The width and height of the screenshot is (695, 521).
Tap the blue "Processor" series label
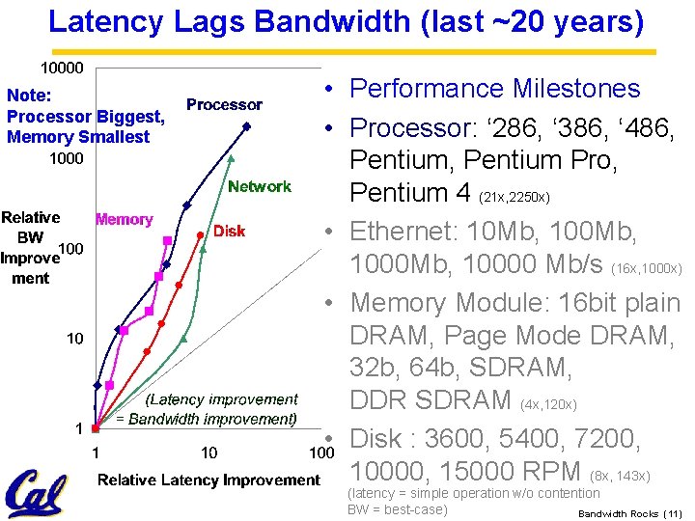(x=224, y=104)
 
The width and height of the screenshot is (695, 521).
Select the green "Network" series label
(x=259, y=186)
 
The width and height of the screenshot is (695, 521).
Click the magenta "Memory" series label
(x=124, y=219)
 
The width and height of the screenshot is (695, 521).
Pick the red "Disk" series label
(x=229, y=232)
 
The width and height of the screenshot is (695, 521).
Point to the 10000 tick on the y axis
(x=61, y=68)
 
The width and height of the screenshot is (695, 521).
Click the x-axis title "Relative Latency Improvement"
(x=208, y=480)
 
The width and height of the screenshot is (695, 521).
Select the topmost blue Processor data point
(x=247, y=126)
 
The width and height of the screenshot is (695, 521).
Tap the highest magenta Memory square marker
(x=168, y=239)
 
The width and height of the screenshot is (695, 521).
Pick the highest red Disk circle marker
(x=200, y=233)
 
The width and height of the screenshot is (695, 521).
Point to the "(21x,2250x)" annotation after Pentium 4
(x=514, y=198)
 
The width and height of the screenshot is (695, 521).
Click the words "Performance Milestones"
(x=494, y=89)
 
